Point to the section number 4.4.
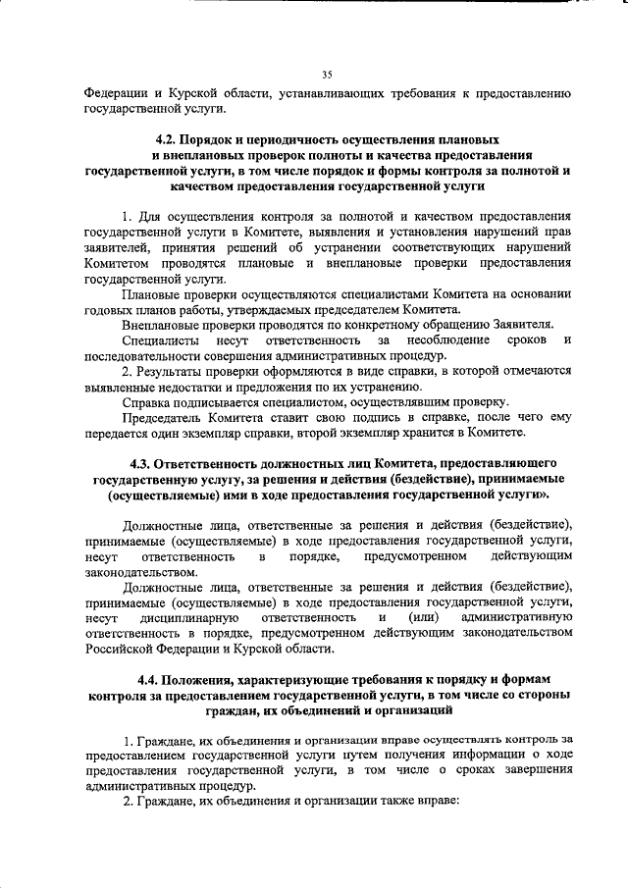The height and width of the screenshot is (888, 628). pyautogui.click(x=152, y=679)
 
